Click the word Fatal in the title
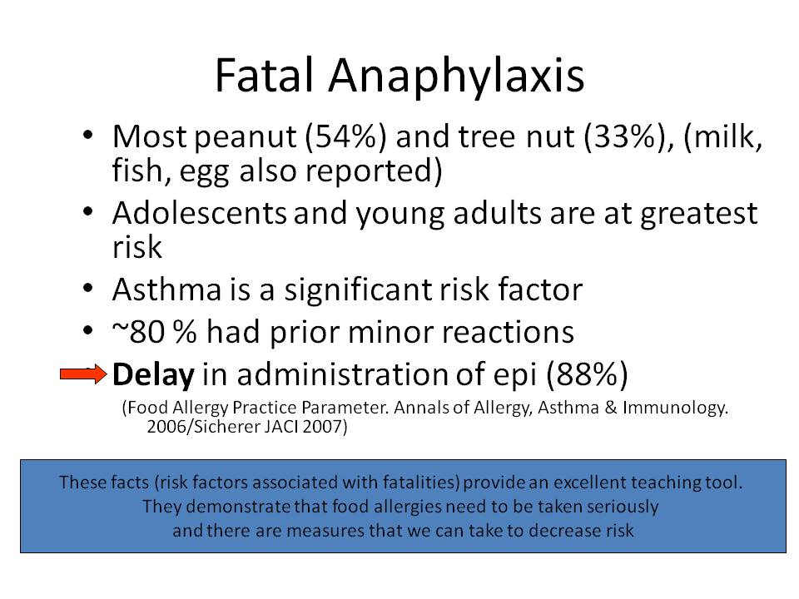[264, 75]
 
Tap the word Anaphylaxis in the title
[456, 78]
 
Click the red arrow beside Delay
[83, 374]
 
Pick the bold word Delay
[153, 375]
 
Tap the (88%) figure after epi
[587, 374]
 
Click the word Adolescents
[199, 213]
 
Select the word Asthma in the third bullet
[167, 290]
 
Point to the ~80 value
[138, 332]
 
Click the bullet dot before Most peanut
[87, 135]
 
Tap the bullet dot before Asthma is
[87, 288]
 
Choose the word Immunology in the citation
[675, 408]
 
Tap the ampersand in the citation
[611, 408]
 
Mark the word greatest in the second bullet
[698, 215]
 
